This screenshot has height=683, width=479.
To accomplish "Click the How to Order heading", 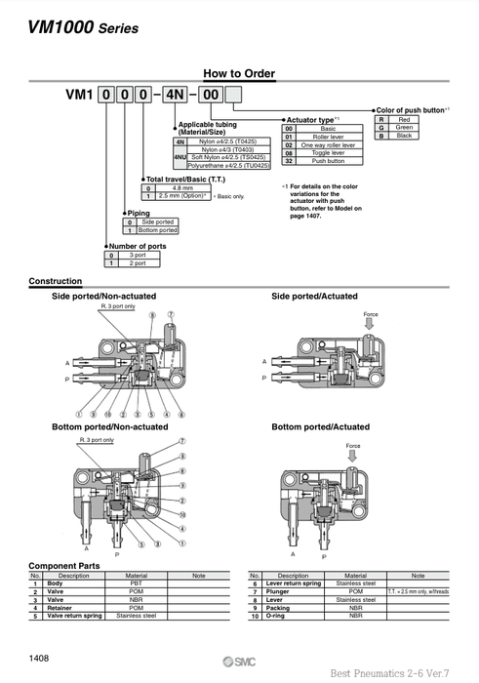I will [x=239, y=73].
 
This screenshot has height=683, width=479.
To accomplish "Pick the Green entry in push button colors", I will [x=404, y=127].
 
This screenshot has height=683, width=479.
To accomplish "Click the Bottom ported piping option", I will [x=158, y=230].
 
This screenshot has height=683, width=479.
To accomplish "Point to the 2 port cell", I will [x=137, y=263].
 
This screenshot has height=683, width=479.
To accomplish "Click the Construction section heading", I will [x=56, y=281].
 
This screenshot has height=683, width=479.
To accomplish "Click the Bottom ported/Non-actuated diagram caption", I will [x=109, y=426].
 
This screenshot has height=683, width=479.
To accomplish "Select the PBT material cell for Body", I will [x=137, y=583].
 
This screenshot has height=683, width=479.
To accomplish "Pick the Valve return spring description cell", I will [x=74, y=617].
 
